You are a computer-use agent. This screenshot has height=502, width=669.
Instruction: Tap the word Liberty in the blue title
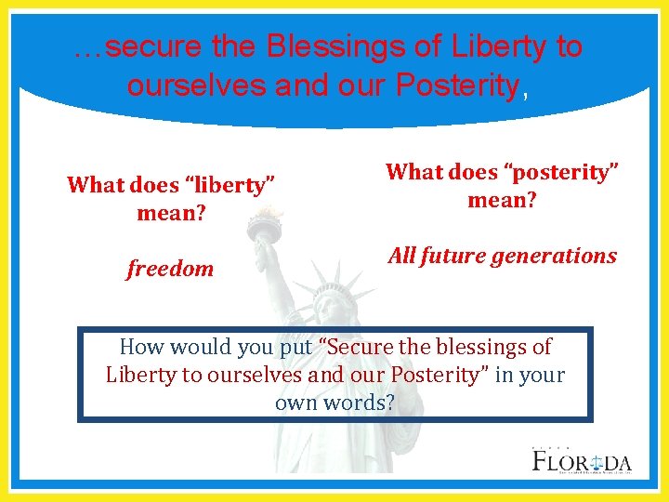point(488,47)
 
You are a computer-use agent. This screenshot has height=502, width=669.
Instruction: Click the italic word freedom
point(170,270)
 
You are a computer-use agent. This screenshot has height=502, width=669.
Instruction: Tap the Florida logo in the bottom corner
point(582,460)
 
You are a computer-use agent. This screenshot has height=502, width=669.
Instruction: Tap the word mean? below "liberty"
point(170,213)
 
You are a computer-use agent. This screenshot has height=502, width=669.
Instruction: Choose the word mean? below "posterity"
point(501,200)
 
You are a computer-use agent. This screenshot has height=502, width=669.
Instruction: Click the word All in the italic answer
point(401,257)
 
